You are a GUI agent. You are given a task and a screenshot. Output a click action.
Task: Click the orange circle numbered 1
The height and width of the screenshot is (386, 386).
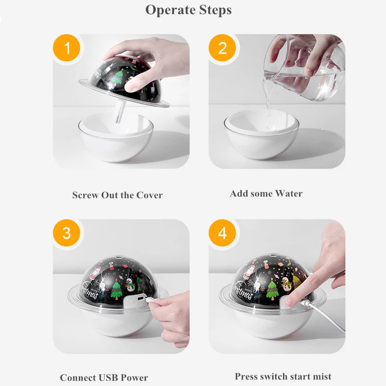(67, 48)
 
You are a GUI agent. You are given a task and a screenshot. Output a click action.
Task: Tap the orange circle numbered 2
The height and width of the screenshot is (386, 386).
(222, 48)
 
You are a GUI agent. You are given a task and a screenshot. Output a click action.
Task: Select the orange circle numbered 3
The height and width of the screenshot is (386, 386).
(67, 233)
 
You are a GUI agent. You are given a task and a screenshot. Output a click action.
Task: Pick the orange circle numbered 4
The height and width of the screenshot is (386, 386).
(222, 233)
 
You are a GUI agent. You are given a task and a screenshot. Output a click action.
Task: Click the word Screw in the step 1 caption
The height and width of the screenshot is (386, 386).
(85, 195)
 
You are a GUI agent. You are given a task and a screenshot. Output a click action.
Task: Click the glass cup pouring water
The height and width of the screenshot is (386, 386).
(304, 68)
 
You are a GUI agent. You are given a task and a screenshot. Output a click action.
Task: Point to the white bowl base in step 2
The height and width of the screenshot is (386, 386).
(262, 134)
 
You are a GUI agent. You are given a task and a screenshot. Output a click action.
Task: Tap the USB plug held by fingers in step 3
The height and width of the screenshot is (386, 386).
(149, 300)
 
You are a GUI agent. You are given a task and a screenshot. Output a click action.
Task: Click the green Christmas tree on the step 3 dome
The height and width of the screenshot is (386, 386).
(116, 290)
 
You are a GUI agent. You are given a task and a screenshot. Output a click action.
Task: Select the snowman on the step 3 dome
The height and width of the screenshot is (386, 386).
(130, 285)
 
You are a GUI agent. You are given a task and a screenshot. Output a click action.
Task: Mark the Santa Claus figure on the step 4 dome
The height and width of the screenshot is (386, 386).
(249, 272)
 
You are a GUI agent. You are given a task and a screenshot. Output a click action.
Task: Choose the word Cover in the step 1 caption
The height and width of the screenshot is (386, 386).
(150, 195)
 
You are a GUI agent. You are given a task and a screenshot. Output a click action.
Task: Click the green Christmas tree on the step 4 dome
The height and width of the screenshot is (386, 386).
(272, 290)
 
